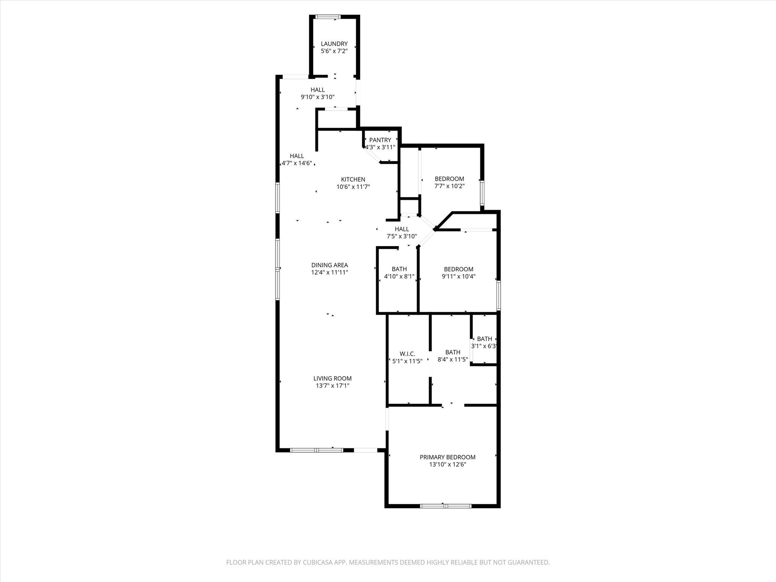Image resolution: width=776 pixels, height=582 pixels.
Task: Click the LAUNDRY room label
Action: point(334,44)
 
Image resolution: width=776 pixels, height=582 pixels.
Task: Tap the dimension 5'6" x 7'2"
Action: point(334,51)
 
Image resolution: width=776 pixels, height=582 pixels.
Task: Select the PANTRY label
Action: point(380,140)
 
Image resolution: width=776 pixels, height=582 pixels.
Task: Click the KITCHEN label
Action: point(353,179)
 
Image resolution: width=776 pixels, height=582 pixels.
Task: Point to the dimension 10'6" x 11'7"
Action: point(353,187)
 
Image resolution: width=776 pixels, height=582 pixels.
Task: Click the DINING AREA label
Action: point(329,265)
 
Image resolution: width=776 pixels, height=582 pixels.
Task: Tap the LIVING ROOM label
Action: point(332,378)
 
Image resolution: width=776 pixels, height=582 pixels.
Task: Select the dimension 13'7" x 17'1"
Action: point(332,386)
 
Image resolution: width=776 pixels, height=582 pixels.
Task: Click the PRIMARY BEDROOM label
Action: point(447,457)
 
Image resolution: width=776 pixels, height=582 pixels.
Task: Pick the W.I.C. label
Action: point(407,354)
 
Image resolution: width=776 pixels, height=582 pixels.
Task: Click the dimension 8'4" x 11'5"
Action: point(452,360)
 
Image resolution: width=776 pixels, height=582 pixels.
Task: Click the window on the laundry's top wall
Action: point(328,17)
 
